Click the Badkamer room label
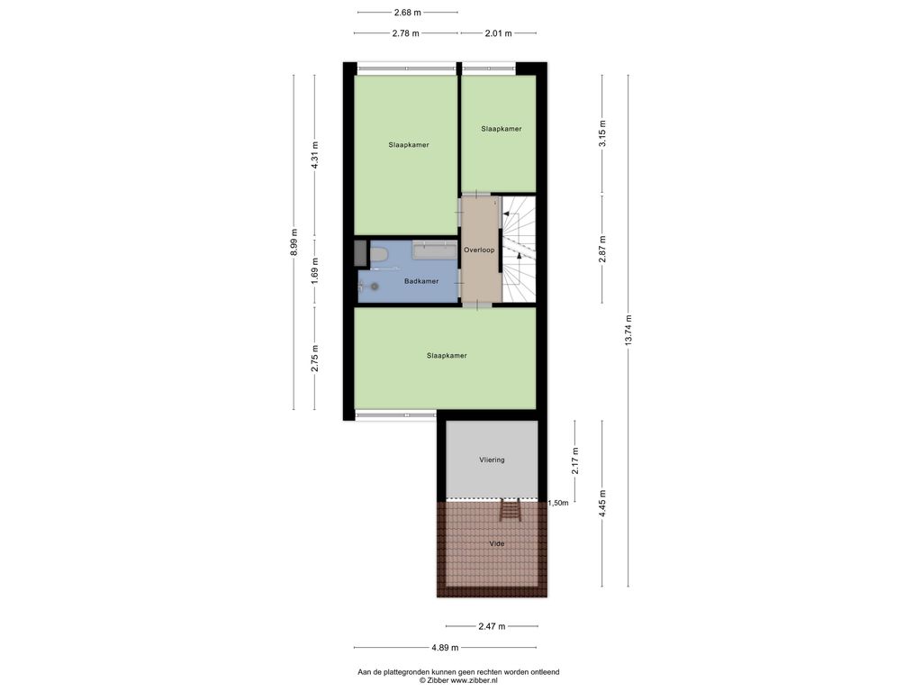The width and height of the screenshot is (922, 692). (x=421, y=281)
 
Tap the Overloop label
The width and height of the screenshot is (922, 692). (x=479, y=250)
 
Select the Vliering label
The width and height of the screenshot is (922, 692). (x=492, y=460)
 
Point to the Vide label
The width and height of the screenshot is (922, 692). (x=497, y=543)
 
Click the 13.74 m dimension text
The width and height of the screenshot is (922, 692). (x=628, y=331)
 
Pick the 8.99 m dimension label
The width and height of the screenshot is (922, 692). (x=294, y=242)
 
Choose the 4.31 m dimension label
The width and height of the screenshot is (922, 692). (x=314, y=156)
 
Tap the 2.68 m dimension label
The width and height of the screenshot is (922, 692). (x=408, y=12)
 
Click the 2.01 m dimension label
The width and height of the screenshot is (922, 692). (x=498, y=33)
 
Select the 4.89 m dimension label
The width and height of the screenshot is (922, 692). (x=445, y=647)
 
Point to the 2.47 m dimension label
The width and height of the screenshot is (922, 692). (x=492, y=626)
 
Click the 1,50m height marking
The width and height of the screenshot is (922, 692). (x=558, y=503)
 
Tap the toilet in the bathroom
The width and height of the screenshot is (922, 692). (x=378, y=256)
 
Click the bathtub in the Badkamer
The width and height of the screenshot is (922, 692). (x=435, y=250)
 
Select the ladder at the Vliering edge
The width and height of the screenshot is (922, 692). (x=510, y=510)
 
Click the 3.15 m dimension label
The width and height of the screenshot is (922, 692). (x=602, y=133)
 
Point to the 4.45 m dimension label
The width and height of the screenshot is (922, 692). (x=602, y=503)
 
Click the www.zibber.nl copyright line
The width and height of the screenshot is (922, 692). (x=458, y=680)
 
